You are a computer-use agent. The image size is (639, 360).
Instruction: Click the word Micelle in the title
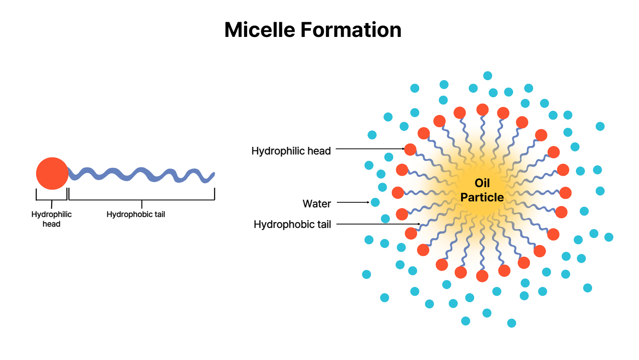coord(260,30)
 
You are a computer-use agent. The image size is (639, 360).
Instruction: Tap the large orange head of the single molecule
coord(52,173)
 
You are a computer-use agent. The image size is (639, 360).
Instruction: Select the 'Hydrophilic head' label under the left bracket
coord(52,219)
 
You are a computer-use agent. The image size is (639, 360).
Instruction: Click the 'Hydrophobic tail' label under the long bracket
coord(136,214)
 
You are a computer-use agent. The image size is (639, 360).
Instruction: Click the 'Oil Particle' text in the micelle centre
coord(482,190)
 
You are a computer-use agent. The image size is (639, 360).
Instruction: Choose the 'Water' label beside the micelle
coord(317,204)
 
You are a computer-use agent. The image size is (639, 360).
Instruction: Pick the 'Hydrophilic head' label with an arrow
coord(291,151)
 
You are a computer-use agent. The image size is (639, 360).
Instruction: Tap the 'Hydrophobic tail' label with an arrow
coord(292,224)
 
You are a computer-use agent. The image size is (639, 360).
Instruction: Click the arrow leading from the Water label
coord(353,202)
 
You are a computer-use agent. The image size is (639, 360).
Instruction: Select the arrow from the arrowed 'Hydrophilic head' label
coord(369,149)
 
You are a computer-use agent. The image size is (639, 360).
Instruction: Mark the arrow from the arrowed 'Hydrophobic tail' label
coord(378,224)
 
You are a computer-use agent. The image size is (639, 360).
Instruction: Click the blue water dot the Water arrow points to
coord(375,202)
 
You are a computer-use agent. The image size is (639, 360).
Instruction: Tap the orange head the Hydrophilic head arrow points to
coord(410,149)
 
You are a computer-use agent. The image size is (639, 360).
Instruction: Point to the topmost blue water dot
coord(488,76)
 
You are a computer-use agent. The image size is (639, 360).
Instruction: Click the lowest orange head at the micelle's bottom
coord(482,276)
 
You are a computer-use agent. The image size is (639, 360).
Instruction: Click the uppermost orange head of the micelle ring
coord(483,110)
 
